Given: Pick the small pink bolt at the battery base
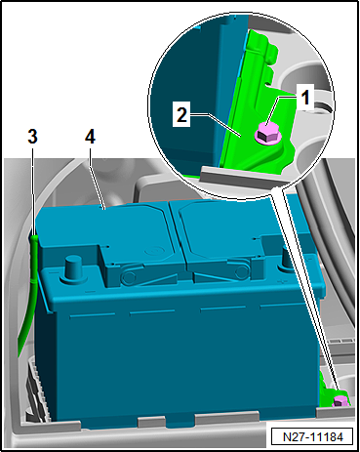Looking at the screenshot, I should [x=340, y=399].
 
